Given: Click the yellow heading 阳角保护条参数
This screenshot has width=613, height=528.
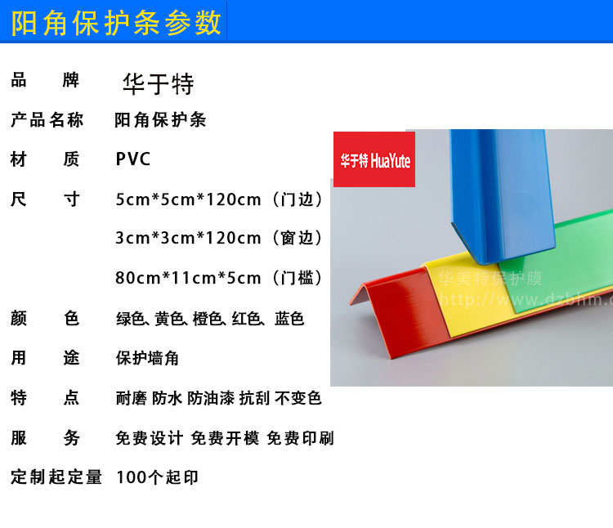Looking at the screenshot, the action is [x=116, y=23].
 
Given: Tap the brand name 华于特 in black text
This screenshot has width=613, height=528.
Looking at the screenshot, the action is [x=159, y=83].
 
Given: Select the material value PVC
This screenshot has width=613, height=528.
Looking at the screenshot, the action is [x=133, y=159].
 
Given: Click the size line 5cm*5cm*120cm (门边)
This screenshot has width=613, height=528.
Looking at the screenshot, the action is [x=219, y=199].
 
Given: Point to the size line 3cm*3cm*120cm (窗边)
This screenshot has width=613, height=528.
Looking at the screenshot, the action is [x=219, y=238].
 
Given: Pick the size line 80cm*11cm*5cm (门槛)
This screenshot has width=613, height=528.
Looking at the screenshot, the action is [x=219, y=277].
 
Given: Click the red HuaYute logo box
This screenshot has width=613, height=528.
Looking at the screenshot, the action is [x=374, y=159].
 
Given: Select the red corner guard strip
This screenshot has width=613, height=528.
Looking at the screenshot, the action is [x=399, y=309].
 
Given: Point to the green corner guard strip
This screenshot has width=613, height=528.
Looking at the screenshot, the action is [x=563, y=266].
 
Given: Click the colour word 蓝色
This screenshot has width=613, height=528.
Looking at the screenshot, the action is [x=289, y=319].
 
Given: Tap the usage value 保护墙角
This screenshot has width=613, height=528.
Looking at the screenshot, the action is [x=147, y=358].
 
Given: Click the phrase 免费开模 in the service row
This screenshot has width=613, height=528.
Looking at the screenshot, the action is [x=225, y=438].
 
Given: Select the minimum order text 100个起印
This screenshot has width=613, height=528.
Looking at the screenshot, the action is [x=157, y=477].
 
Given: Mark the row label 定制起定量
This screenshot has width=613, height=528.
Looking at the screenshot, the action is [x=56, y=477].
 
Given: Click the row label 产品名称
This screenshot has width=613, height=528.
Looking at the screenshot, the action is [x=47, y=119].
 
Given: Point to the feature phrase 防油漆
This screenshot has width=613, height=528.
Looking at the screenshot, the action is [x=211, y=398].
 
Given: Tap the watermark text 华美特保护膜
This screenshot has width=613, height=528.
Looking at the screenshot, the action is [x=490, y=279].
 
